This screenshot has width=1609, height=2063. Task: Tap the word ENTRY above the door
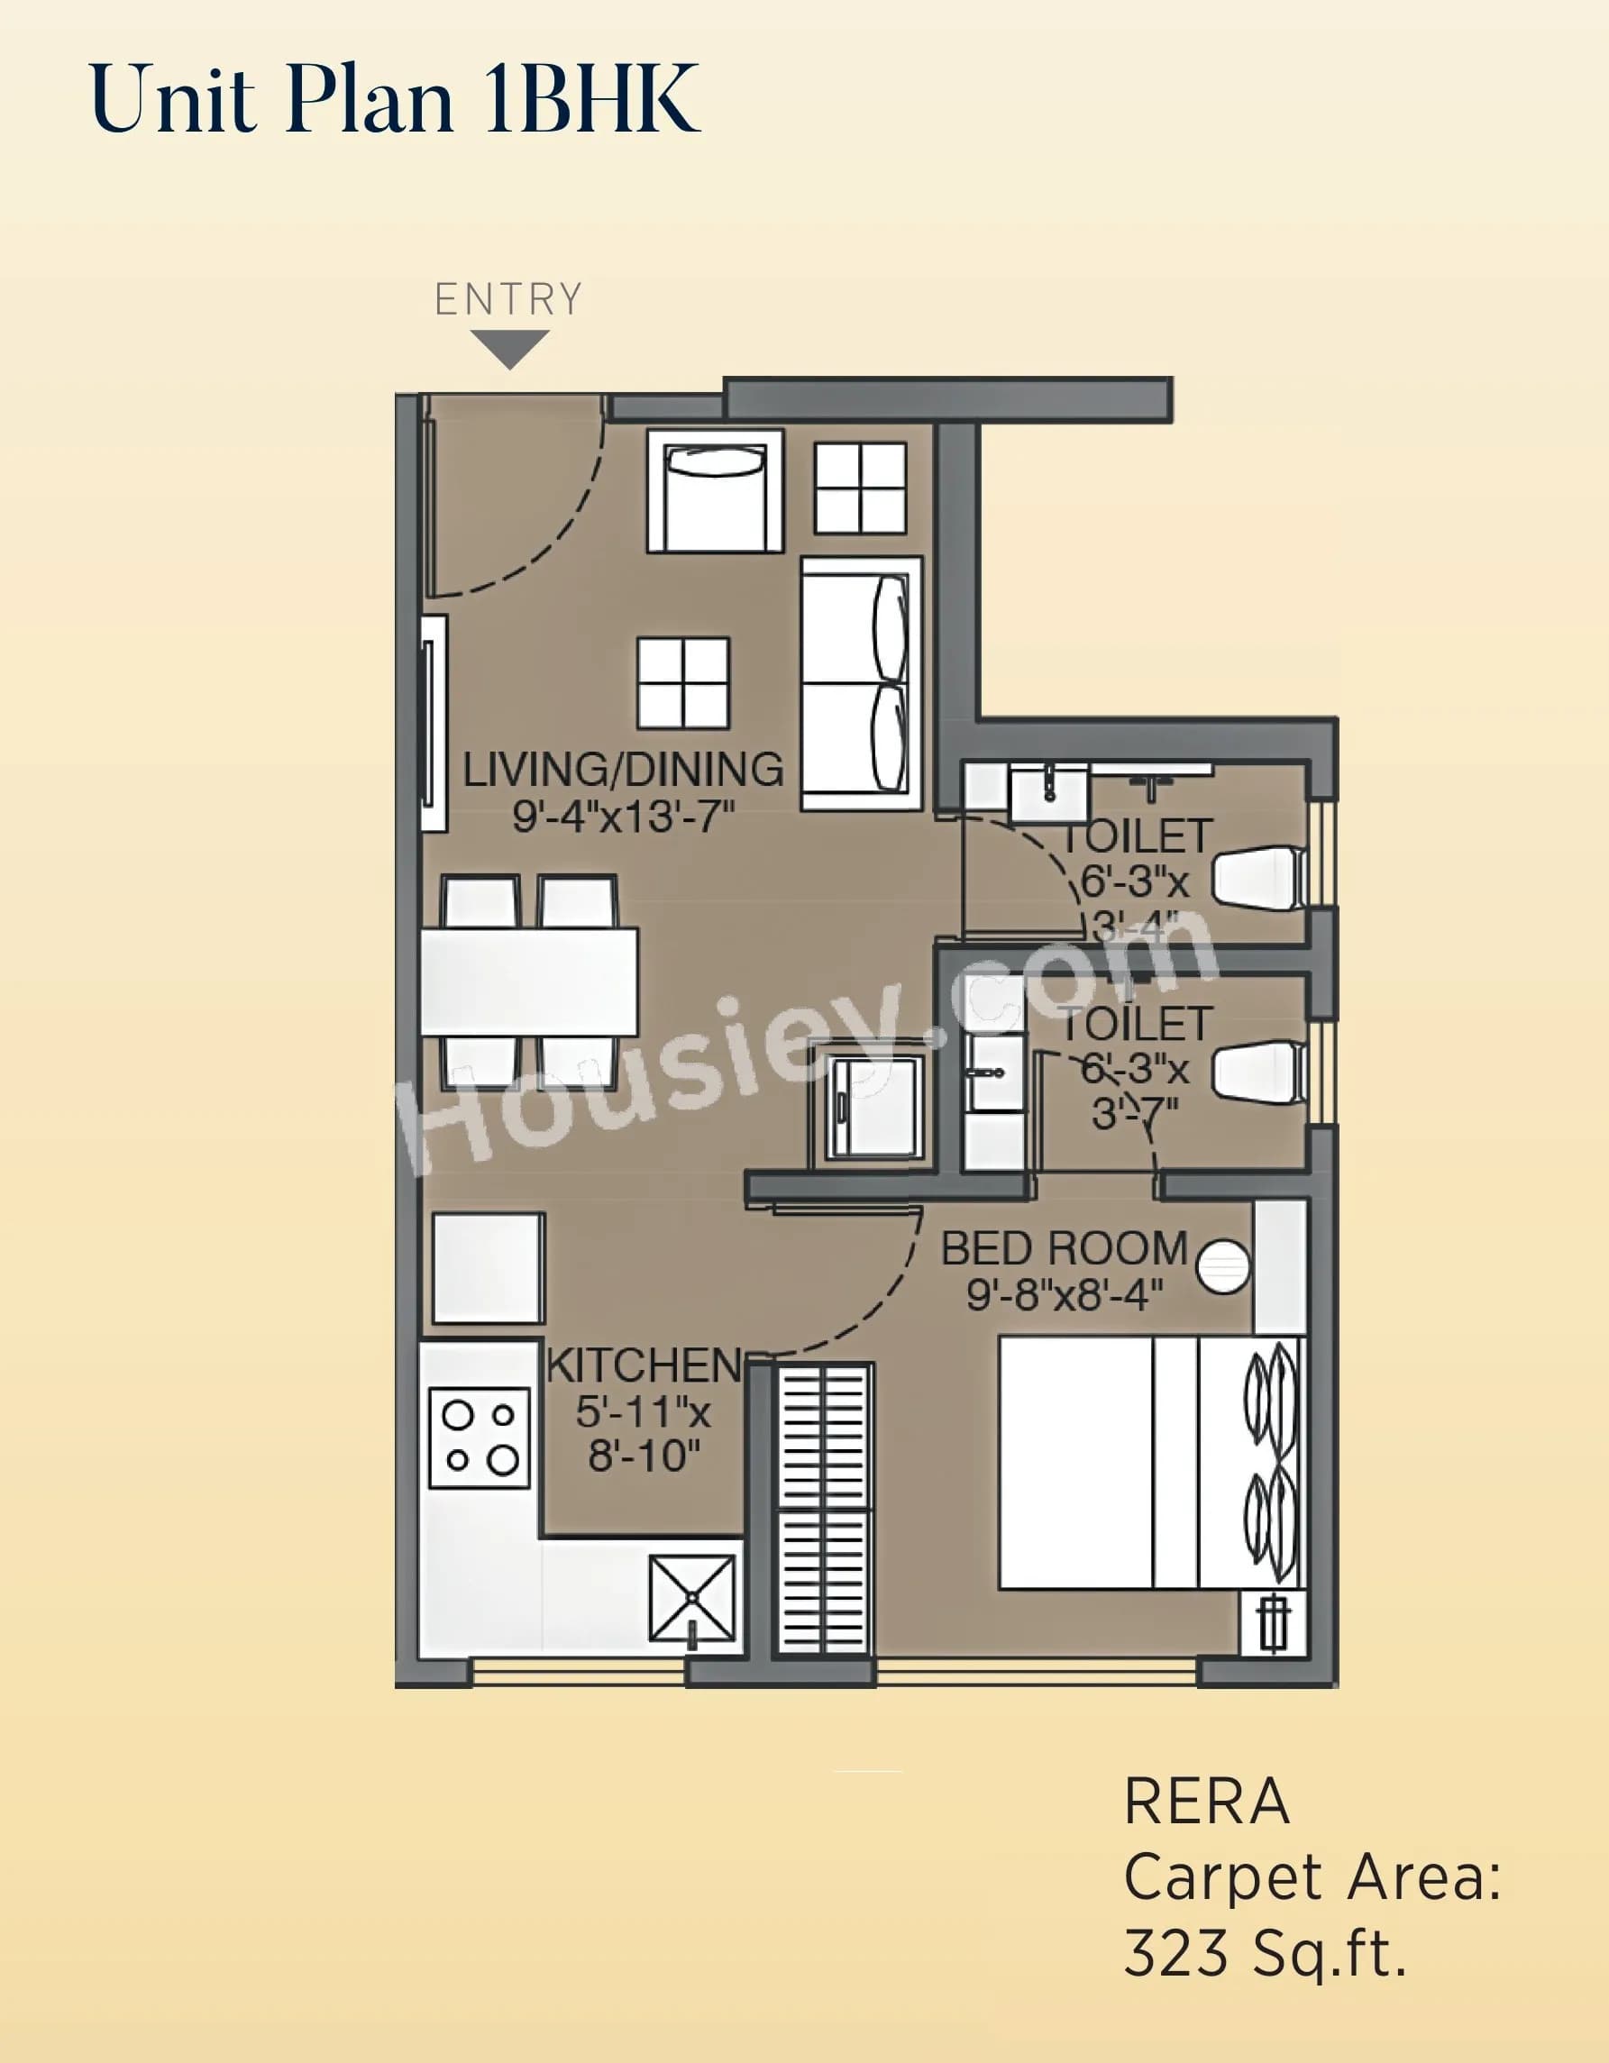pos(508,299)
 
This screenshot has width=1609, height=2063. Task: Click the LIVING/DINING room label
pos(623,770)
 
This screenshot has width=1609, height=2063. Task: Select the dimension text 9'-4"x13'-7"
pos(624,815)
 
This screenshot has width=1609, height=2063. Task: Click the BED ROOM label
pos(1064,1249)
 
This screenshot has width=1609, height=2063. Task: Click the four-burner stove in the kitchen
pos(480,1438)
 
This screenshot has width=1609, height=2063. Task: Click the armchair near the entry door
pos(715,492)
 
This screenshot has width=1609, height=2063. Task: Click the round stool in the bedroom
pos(1222,1264)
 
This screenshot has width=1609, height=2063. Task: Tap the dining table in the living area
pos(529,981)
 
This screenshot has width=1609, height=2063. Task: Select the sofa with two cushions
pos(861,684)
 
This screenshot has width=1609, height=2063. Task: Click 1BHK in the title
pos(590,99)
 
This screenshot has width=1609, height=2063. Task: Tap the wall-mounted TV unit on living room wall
pos(434,724)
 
